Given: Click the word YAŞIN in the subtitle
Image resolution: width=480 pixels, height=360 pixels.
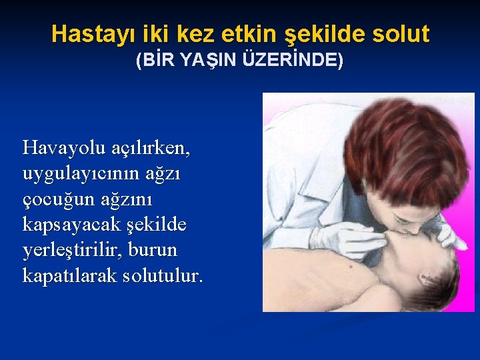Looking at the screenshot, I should click(197, 61).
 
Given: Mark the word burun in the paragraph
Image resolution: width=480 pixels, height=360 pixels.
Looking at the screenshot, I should click(159, 249).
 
